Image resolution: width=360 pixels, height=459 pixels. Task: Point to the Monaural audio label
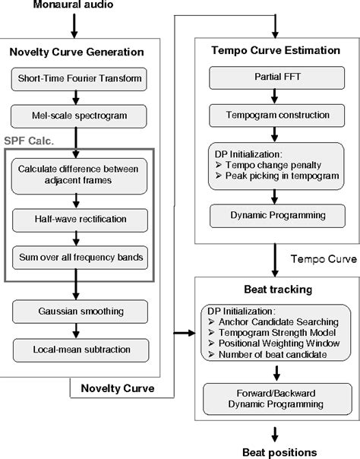tap(74, 7)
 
